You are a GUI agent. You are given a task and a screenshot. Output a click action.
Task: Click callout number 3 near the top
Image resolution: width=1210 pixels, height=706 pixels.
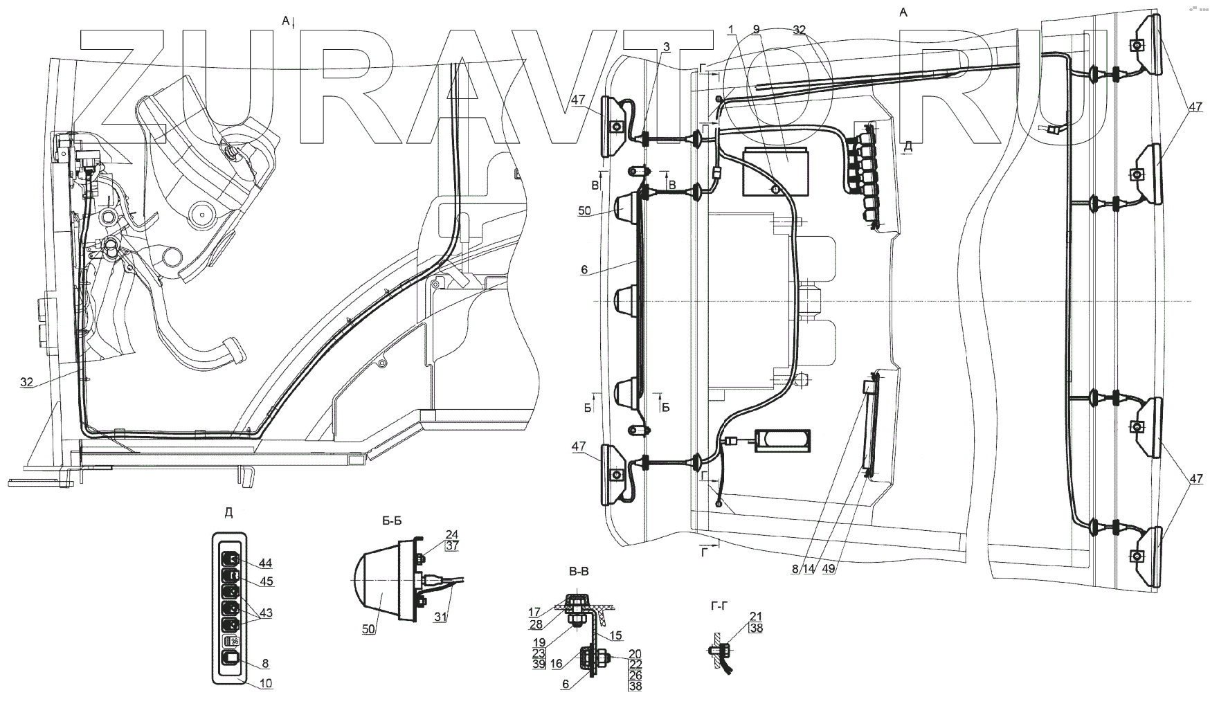[x=666, y=47]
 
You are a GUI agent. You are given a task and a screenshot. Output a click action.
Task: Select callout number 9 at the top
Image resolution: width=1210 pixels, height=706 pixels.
[x=756, y=29]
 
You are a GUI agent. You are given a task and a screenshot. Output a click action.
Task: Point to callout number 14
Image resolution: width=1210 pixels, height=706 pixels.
[x=808, y=569]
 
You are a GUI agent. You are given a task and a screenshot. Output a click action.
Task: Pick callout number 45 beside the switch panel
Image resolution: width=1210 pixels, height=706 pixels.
[x=265, y=582]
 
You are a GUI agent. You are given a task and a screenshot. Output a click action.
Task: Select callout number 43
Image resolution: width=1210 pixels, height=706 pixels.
[x=265, y=613]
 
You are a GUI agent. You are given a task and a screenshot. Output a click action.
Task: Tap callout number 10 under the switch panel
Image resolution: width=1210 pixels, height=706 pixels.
[x=265, y=683]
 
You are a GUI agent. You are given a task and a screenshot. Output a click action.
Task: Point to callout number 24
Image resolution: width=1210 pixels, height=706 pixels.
[x=452, y=534]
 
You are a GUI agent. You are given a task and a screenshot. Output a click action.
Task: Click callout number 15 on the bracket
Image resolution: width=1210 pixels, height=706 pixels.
[x=616, y=635]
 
